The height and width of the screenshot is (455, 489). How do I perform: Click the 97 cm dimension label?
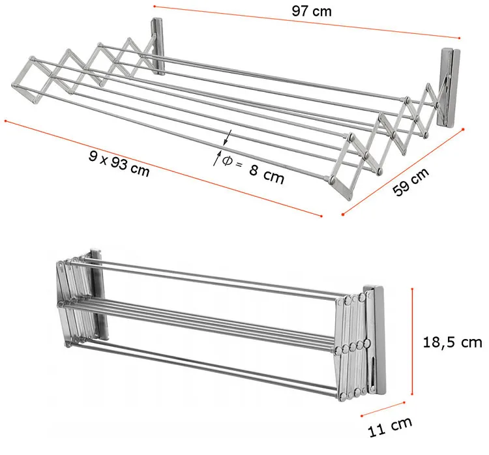312,11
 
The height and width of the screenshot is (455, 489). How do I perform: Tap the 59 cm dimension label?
410,182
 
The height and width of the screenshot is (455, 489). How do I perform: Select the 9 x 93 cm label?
119,164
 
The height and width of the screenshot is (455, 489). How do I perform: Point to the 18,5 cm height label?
452,342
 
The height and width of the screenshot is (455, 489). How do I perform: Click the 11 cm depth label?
390,426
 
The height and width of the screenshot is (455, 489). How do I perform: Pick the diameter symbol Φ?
228,160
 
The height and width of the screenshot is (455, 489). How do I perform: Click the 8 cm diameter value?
267,173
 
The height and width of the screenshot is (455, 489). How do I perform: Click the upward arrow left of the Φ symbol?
217,158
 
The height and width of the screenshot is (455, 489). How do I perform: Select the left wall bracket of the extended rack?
158,47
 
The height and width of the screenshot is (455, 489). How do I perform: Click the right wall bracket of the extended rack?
450,87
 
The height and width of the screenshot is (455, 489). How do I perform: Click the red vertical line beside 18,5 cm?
412,342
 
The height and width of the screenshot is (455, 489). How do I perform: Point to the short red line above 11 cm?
383,409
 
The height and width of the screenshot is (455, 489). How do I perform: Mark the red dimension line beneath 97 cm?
306,22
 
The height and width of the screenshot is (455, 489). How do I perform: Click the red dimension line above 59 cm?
403,171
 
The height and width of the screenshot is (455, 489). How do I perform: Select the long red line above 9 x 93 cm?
164,168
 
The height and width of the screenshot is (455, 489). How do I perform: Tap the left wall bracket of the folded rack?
99,293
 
